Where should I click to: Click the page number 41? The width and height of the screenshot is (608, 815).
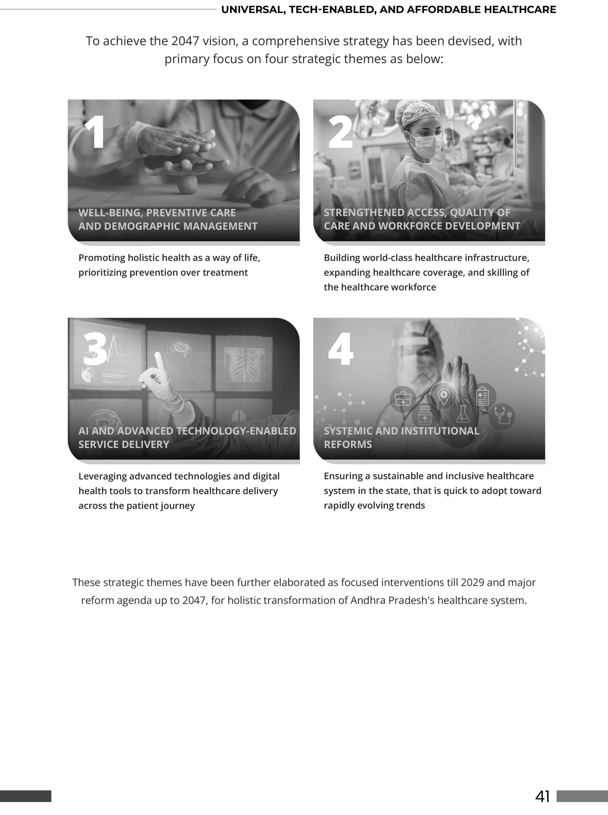[542, 796]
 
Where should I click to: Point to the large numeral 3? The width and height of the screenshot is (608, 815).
[94, 349]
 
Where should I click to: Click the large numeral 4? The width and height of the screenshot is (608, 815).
[341, 349]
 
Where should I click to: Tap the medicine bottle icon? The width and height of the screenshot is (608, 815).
[425, 415]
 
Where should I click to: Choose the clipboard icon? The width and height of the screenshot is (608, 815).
[482, 396]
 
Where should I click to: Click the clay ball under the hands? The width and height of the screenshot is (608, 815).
[188, 184]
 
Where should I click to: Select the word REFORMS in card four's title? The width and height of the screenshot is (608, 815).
[348, 444]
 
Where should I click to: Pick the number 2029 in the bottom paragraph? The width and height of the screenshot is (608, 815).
[472, 583]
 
